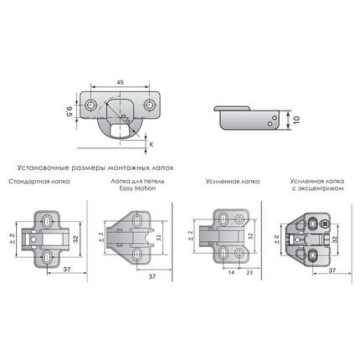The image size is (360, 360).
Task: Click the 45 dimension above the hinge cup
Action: [120, 82]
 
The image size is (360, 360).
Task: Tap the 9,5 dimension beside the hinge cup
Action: [69, 111]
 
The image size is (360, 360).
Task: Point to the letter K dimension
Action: [151, 145]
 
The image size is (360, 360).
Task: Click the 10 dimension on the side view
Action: [296, 120]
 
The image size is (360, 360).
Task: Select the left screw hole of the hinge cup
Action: [90, 105]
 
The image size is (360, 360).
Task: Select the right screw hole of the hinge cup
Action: [149, 105]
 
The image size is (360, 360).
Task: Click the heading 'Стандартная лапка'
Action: [39, 182]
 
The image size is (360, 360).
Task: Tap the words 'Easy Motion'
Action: [137, 188]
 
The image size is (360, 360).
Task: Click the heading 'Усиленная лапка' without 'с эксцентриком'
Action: [233, 182]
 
